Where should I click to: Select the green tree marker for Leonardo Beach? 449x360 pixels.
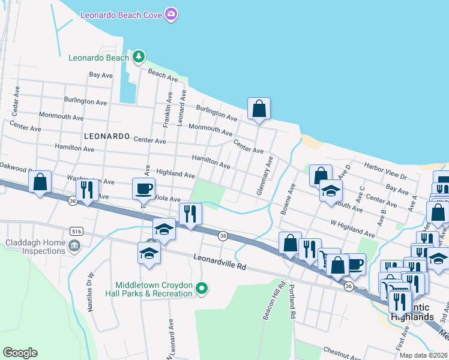point(139,57)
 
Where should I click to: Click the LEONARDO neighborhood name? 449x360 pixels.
point(107,136)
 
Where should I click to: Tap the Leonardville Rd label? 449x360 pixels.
point(220,261)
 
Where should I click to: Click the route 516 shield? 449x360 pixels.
point(76,230)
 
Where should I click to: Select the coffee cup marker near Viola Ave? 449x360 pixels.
point(144,188)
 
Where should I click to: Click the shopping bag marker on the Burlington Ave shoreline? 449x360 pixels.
point(259,109)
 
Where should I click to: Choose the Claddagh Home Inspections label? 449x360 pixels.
point(34,248)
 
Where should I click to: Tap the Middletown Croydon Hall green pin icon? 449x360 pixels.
point(202,289)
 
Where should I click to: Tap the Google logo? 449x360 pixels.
point(20,353)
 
